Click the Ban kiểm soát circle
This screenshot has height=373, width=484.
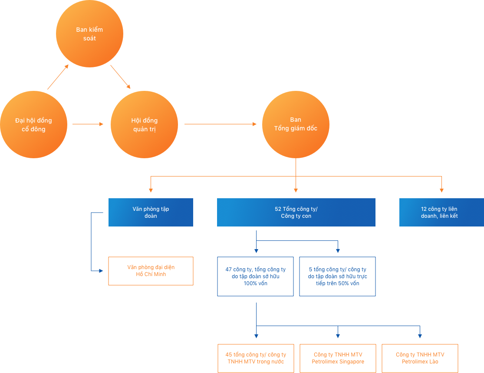[89, 34]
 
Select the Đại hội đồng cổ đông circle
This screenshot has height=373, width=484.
[33, 125]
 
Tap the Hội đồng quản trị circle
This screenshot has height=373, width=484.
[144, 125]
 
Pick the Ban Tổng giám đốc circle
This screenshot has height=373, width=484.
[296, 124]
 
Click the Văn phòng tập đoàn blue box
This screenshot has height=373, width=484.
[151, 213]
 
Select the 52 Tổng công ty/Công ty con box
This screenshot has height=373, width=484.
[296, 213]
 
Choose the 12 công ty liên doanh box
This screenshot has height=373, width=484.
[441, 213]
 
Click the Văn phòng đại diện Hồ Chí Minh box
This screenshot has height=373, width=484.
[151, 271]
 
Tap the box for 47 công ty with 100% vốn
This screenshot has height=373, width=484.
[255, 276]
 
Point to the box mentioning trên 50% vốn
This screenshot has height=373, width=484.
[337, 276]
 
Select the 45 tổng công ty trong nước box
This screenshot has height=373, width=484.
[256, 358]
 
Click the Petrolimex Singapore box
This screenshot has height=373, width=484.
[338, 358]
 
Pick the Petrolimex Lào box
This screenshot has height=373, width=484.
[420, 358]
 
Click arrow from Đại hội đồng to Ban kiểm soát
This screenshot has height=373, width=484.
[58, 77]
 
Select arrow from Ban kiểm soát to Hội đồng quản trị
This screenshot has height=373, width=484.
[120, 77]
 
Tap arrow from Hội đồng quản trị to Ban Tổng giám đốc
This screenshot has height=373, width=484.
[221, 124]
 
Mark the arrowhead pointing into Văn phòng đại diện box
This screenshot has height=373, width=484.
[102, 271]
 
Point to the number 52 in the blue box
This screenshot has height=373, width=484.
[278, 209]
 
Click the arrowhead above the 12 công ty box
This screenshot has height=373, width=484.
[441, 190]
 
